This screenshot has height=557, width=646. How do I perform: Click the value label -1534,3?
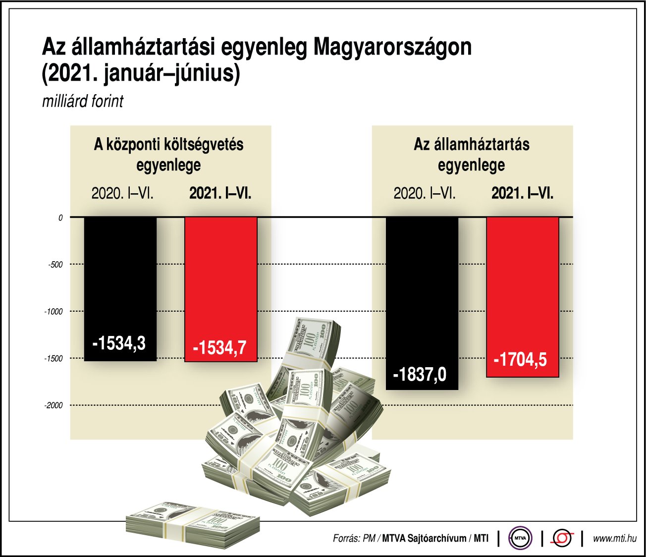pos(119,343)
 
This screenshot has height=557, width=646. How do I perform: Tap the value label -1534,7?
pos(219,348)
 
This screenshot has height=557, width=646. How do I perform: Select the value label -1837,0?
pos(420,374)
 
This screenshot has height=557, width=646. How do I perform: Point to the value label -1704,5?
pos(520,359)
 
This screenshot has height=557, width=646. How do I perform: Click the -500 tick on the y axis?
pos(55,265)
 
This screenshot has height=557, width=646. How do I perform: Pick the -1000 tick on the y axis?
pos(54,312)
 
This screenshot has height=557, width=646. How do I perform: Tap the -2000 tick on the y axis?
pos(54,405)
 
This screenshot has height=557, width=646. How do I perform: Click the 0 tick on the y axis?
pos(60,218)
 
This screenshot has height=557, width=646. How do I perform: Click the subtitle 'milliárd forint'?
pos(83,102)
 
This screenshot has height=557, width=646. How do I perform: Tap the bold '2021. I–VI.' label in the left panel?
pos(220,193)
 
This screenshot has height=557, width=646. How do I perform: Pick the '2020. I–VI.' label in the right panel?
pos(425,193)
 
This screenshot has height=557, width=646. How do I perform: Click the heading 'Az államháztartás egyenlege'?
pos(472,154)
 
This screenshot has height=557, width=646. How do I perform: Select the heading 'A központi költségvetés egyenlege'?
pos(169,154)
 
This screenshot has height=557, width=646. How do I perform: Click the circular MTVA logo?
pos(520,538)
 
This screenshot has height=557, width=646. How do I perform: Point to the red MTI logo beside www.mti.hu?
pos(563,538)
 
